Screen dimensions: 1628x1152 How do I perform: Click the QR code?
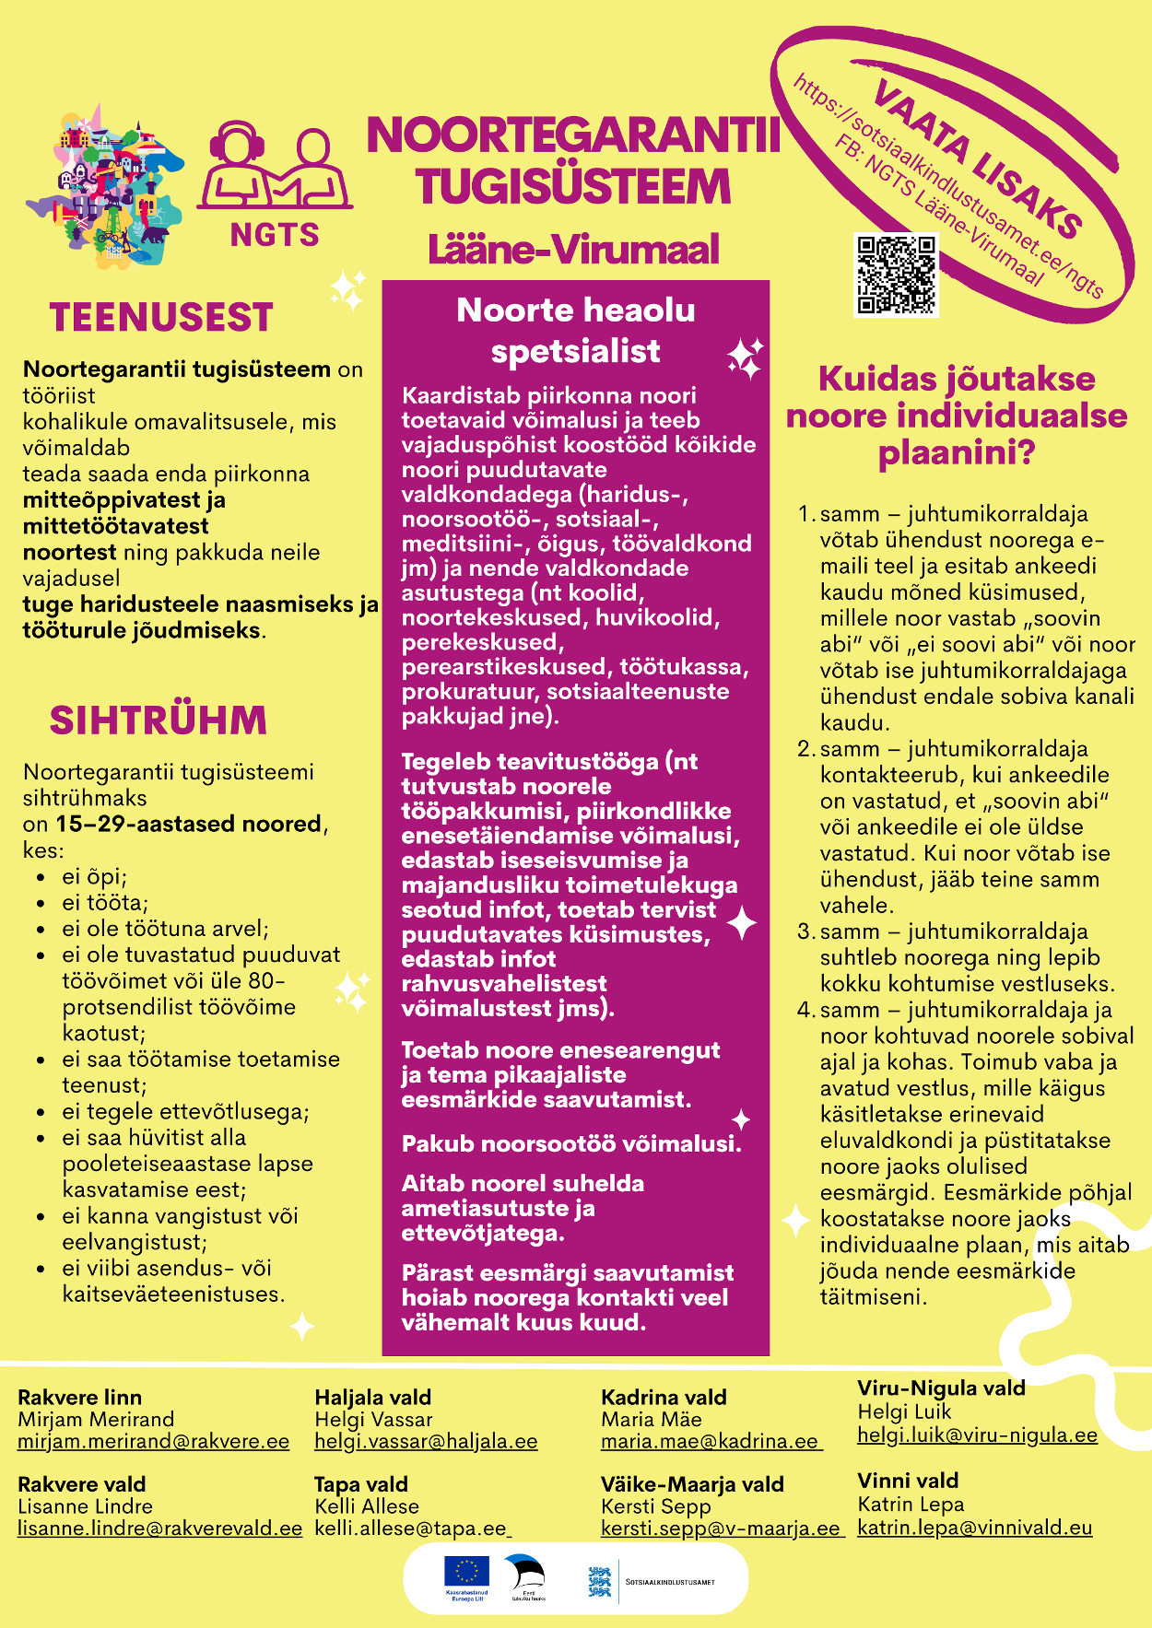(x=897, y=275)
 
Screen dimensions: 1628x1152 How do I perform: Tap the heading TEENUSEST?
(x=161, y=318)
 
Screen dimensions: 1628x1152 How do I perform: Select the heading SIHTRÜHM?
(x=158, y=720)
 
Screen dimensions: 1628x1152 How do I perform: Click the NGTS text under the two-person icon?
(x=275, y=236)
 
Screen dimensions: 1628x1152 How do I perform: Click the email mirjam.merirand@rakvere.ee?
(x=154, y=1442)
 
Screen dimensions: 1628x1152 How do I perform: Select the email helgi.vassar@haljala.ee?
(x=426, y=1442)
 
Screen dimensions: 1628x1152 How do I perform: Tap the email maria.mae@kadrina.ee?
(x=710, y=1442)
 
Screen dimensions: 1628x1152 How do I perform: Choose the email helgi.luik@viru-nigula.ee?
(x=977, y=1435)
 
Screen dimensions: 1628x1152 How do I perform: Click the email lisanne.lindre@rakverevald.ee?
(x=160, y=1528)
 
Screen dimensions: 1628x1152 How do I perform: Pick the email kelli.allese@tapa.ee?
(x=411, y=1528)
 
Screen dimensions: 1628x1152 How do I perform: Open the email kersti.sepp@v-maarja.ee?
(x=721, y=1528)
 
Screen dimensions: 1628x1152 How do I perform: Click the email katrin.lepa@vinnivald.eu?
(x=974, y=1528)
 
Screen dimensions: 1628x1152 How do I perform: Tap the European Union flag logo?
(x=466, y=1573)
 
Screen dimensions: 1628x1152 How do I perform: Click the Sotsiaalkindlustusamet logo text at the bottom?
(x=670, y=1582)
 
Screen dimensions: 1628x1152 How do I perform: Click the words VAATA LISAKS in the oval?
(x=977, y=158)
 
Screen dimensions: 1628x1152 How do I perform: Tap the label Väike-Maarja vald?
(x=692, y=1484)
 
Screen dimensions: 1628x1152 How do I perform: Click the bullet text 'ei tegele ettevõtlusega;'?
(x=185, y=1112)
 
